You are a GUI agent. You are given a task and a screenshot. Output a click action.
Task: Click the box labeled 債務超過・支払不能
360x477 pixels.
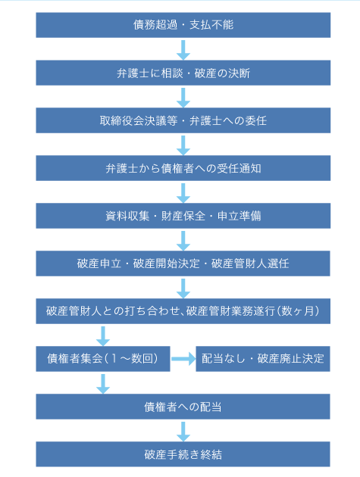pyautogui.click(x=183, y=25)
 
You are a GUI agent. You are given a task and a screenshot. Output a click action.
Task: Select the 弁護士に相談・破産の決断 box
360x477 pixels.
pyautogui.click(x=183, y=73)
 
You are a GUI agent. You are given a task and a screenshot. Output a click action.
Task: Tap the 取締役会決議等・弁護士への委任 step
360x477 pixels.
pyautogui.click(x=183, y=120)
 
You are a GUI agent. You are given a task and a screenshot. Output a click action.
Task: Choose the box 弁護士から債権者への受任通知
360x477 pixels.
pyautogui.click(x=183, y=168)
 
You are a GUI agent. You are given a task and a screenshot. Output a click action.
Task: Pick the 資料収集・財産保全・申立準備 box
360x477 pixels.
pyautogui.click(x=183, y=216)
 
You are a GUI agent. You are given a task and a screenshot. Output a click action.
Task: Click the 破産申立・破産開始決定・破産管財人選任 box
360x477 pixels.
pyautogui.click(x=183, y=263)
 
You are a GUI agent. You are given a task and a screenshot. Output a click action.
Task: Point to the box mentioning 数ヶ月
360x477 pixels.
pyautogui.click(x=183, y=311)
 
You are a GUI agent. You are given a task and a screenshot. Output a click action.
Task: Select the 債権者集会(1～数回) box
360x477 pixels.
pyautogui.click(x=103, y=359)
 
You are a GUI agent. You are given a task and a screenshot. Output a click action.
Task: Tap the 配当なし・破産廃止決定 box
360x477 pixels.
pyautogui.click(x=263, y=359)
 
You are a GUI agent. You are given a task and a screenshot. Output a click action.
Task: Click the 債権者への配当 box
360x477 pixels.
pyautogui.click(x=183, y=407)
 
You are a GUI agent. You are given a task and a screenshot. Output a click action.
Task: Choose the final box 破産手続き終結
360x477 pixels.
pyautogui.click(x=183, y=454)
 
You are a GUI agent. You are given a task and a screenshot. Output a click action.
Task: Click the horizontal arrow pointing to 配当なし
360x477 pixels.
pyautogui.click(x=183, y=359)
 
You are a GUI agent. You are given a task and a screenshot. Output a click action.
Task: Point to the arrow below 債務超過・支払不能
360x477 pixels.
pyautogui.click(x=183, y=50)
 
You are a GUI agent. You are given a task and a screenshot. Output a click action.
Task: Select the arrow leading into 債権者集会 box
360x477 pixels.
pyautogui.click(x=103, y=336)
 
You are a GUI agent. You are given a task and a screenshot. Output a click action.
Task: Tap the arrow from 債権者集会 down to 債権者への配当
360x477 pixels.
pyautogui.click(x=103, y=384)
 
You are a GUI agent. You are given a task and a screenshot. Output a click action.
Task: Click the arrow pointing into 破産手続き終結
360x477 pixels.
pyautogui.click(x=183, y=432)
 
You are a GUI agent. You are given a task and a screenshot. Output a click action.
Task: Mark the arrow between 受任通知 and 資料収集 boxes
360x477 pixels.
pyautogui.click(x=183, y=193)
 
